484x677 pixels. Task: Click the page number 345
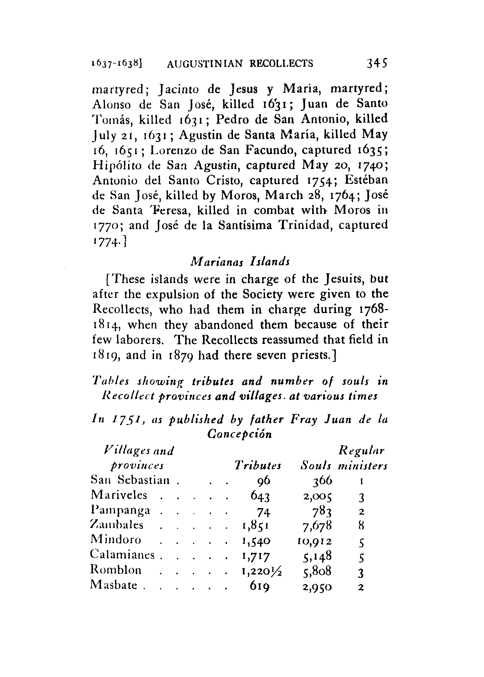[x=377, y=63]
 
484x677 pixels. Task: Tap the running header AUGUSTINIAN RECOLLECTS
[x=240, y=64]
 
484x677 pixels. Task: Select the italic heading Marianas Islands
[x=240, y=262]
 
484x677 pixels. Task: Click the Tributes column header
[x=258, y=465]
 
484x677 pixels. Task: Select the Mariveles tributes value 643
[x=260, y=496]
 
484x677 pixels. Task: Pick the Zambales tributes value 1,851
[x=256, y=526]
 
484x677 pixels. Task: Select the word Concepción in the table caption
[x=240, y=434]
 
